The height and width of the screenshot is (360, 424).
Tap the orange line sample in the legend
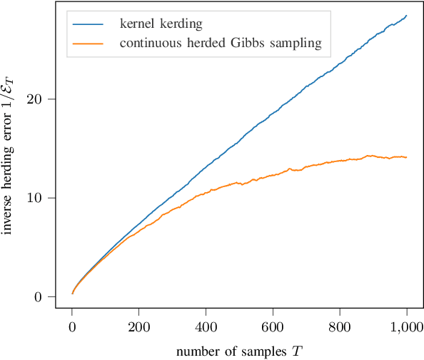click(x=89, y=44)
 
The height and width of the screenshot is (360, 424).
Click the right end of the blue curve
click(x=406, y=16)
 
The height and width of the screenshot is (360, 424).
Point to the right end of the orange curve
click(x=406, y=157)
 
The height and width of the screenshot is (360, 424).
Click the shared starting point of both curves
click(x=72, y=293)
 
